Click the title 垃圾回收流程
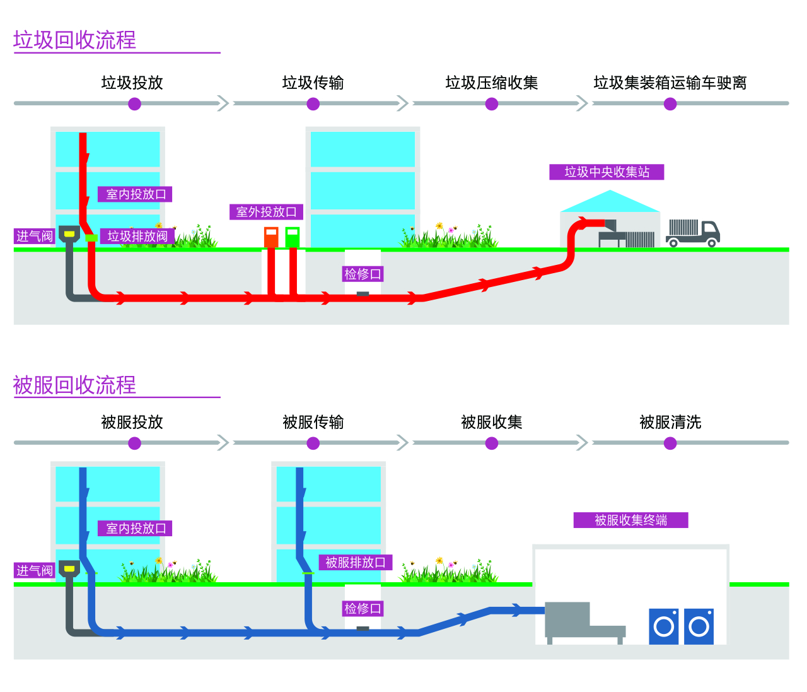(74, 40)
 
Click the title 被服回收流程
(74, 385)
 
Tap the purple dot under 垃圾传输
(313, 104)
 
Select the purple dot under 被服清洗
(670, 443)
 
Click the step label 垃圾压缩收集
(491, 83)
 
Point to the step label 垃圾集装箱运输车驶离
(670, 83)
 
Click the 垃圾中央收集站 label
(607, 172)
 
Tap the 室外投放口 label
(266, 212)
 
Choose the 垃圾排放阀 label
(137, 237)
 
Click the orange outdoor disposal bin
(271, 237)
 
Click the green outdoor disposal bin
(293, 237)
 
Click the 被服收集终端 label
(630, 520)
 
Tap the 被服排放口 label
(356, 563)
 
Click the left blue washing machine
(664, 626)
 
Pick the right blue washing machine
(699, 626)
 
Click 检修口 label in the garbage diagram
(363, 274)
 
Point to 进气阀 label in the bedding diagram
(35, 571)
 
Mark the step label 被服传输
(313, 422)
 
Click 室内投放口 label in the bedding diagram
(136, 529)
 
